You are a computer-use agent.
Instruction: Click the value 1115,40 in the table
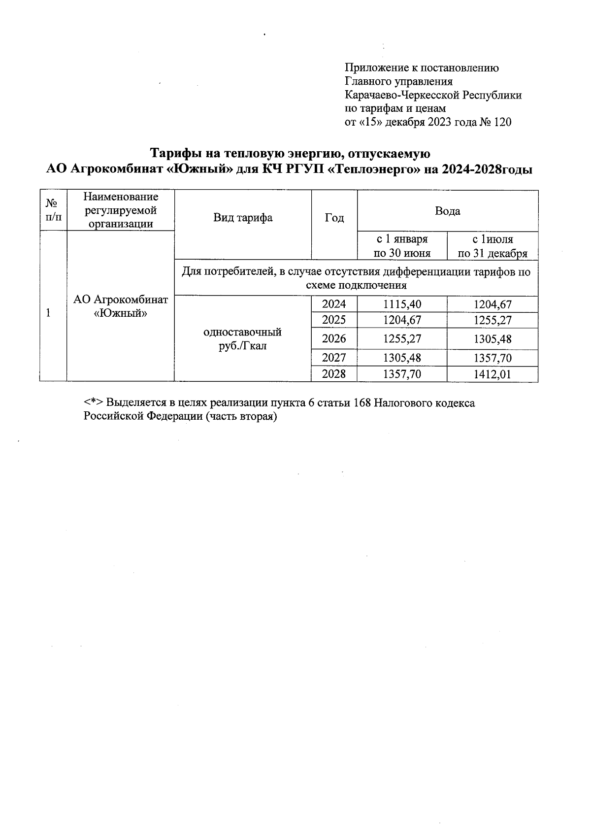point(402,305)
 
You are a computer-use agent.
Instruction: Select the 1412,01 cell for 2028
point(492,374)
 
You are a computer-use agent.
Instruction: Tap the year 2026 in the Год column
point(334,339)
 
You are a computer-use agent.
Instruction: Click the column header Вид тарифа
point(243,218)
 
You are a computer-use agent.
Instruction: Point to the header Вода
point(447,211)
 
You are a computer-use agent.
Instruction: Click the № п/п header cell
point(53,210)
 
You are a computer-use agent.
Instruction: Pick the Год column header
point(334,218)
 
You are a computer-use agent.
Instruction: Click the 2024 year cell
point(334,304)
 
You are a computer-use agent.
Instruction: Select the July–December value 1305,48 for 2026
point(492,339)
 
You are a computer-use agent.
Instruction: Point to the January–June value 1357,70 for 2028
point(402,374)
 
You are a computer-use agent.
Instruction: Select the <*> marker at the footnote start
point(93,403)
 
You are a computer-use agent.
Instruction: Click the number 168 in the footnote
point(362,403)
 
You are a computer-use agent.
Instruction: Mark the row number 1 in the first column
point(48,313)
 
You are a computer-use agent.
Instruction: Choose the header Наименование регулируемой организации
point(121,210)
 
